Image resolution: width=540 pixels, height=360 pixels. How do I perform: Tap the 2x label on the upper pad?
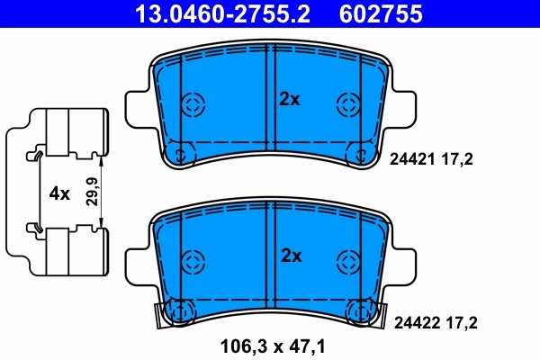[290, 100]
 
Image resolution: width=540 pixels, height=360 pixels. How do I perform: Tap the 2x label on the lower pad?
[290, 256]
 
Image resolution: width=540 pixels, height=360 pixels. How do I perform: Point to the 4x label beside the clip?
[59, 193]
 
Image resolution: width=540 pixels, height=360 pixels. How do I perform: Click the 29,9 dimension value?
[90, 193]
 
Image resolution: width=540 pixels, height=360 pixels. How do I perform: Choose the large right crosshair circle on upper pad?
[348, 105]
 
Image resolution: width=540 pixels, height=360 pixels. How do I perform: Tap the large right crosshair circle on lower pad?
[348, 262]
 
